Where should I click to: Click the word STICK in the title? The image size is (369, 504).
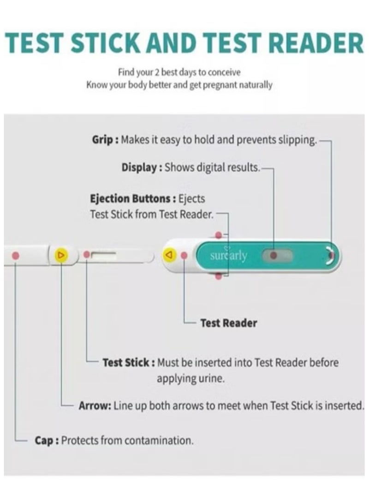(x=106, y=43)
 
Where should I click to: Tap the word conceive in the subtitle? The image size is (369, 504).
(x=224, y=72)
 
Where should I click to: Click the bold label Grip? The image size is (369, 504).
(x=102, y=140)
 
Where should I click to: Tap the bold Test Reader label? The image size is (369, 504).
(x=229, y=323)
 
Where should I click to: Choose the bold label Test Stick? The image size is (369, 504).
(x=126, y=363)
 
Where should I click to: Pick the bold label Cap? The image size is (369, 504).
(x=44, y=440)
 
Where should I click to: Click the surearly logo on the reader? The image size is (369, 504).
(x=228, y=255)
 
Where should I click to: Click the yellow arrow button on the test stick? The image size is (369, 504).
(x=61, y=255)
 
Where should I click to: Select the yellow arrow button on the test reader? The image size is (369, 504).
(x=170, y=255)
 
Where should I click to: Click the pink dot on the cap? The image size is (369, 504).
(x=15, y=256)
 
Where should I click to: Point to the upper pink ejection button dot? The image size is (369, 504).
(x=218, y=235)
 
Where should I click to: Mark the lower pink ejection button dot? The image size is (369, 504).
(x=218, y=276)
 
